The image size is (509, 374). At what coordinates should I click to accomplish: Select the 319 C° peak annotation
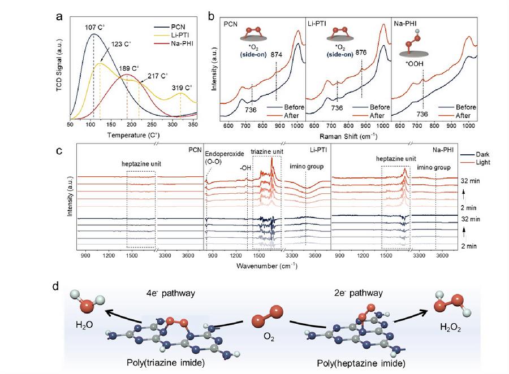click(x=182, y=88)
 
